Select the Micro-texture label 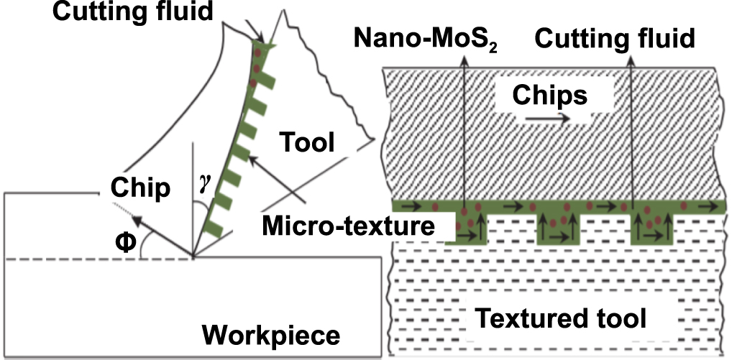click(349, 226)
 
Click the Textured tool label click(561, 316)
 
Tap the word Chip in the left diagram click(141, 188)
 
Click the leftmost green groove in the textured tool click(467, 229)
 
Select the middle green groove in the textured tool click(559, 229)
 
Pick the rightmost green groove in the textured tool click(651, 229)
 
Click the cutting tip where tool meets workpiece click(193, 256)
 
